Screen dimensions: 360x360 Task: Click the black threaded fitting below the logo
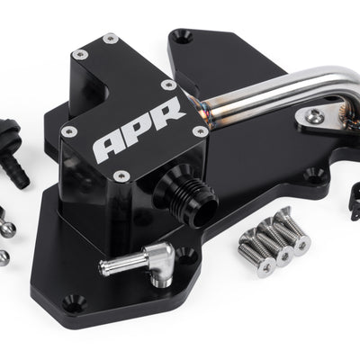(x=185, y=195)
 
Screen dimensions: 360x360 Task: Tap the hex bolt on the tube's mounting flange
(x=314, y=116)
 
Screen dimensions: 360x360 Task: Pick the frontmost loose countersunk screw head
(x=265, y=266)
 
